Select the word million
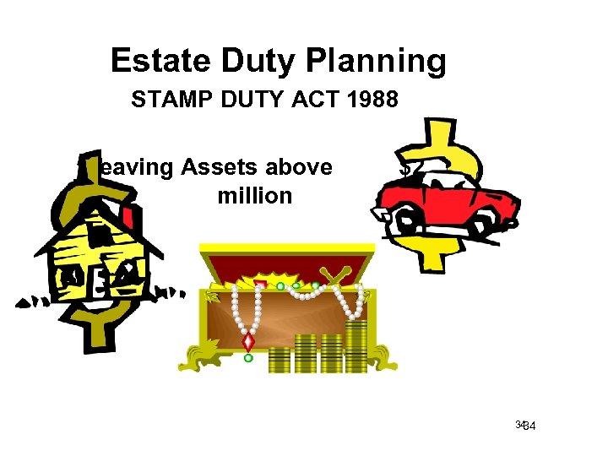click(254, 196)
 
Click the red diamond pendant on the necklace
click(248, 342)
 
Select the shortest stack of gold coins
click(279, 360)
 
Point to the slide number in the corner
click(529, 425)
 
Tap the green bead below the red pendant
click(248, 358)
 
